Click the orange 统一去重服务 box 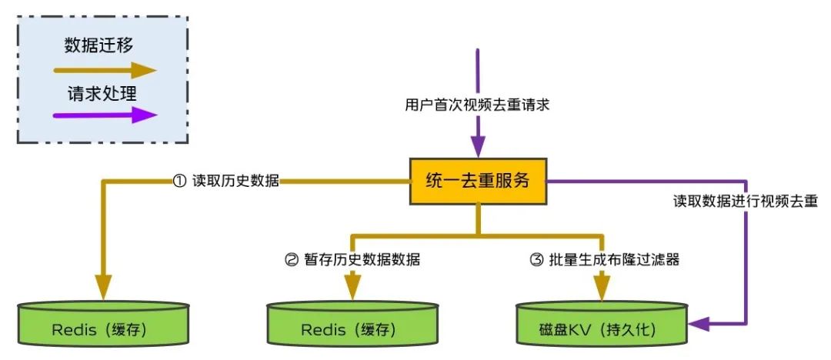pyautogui.click(x=478, y=181)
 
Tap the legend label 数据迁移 pyautogui.click(x=99, y=45)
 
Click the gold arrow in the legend pyautogui.click(x=105, y=70)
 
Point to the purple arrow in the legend pyautogui.click(x=105, y=115)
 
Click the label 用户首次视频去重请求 pyautogui.click(x=477, y=105)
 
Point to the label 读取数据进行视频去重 pyautogui.click(x=746, y=202)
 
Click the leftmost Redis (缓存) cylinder pyautogui.click(x=103, y=323)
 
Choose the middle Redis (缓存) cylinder pyautogui.click(x=352, y=323)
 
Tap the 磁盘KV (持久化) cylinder pyautogui.click(x=602, y=323)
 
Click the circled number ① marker pyautogui.click(x=180, y=182)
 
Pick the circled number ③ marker pyautogui.click(x=536, y=260)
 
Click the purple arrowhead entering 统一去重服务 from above pyautogui.click(x=478, y=146)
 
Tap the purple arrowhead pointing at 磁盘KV pyautogui.click(x=699, y=323)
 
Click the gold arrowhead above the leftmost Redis pyautogui.click(x=103, y=288)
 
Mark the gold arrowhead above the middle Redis pyautogui.click(x=352, y=288)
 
